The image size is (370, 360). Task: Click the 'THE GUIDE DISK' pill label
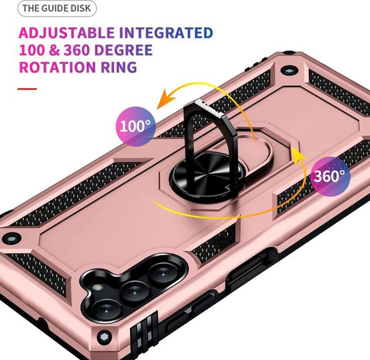coord(57,8)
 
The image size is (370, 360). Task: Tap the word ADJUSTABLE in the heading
coord(67,33)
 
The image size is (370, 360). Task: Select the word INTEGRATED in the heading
coord(166,33)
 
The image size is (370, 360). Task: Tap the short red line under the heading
coord(27,89)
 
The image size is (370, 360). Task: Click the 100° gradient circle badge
coord(136,126)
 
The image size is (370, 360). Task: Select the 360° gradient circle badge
coord(330,176)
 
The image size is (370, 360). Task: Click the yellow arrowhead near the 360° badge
coord(298,155)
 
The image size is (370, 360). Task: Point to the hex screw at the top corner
coord(288,70)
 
